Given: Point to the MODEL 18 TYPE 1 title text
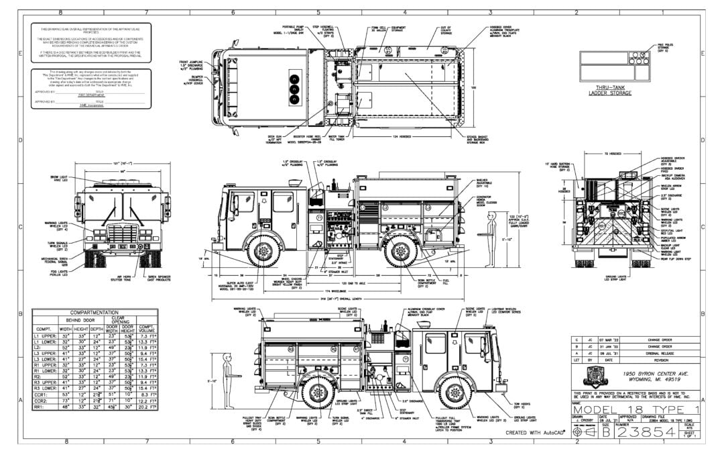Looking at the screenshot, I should [x=638, y=409].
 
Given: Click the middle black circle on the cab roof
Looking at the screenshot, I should [x=292, y=87].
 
